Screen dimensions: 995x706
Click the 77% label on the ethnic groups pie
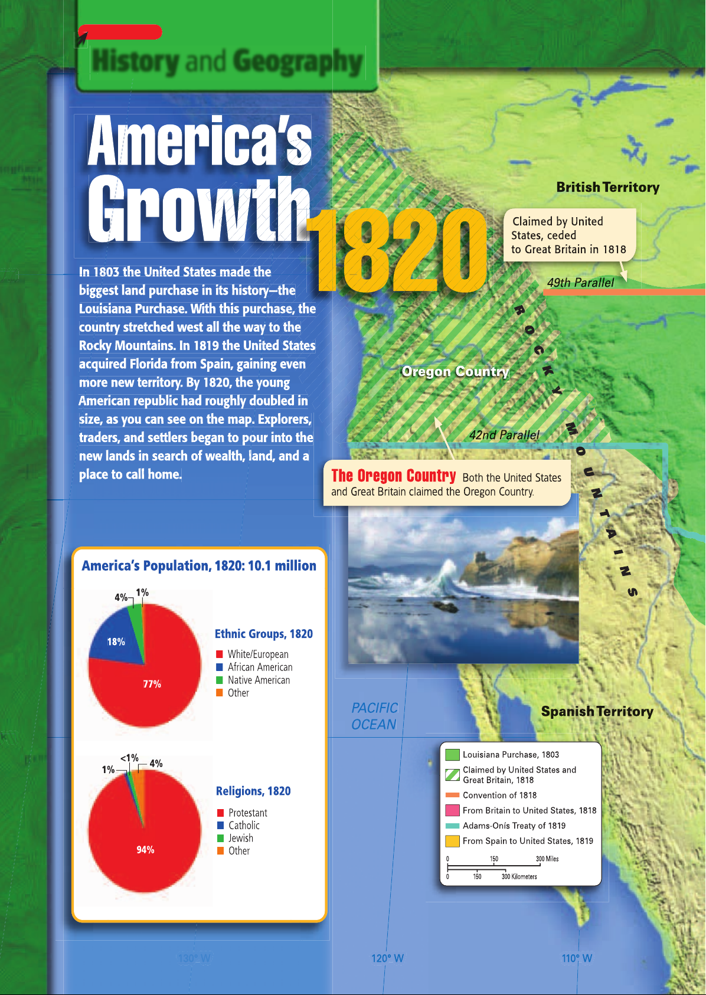(152, 684)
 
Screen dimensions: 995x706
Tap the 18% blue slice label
(116, 641)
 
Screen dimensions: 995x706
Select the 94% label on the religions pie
(145, 850)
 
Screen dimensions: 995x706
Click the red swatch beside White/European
(220, 654)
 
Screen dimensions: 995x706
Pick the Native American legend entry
(259, 680)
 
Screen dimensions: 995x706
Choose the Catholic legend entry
(244, 825)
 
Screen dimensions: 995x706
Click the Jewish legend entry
(241, 838)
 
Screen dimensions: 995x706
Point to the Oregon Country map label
(455, 371)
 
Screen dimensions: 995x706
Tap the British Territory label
(607, 187)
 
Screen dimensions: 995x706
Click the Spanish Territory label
(597, 711)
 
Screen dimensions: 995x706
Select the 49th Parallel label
(580, 283)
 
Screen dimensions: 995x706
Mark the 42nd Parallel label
(504, 435)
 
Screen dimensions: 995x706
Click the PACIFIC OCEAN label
(374, 716)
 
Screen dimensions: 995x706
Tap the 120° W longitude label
(387, 958)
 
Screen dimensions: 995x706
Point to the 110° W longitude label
(577, 958)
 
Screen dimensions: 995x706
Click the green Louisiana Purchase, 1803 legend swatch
(452, 755)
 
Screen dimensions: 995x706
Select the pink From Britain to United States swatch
(452, 810)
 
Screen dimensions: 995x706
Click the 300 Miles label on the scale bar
(547, 859)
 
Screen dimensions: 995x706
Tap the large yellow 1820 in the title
(397, 251)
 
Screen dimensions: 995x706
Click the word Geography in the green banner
(298, 61)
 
